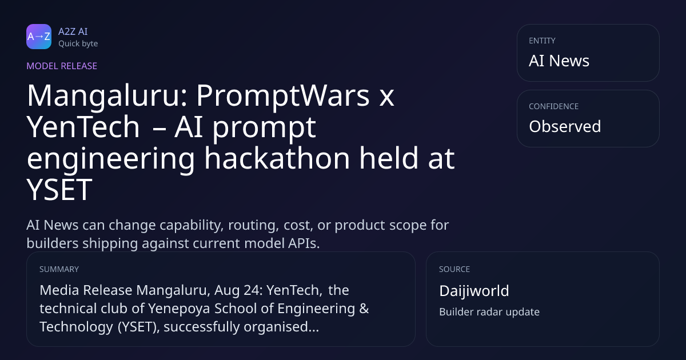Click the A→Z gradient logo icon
(39, 37)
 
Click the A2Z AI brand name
(73, 31)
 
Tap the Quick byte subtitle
(78, 44)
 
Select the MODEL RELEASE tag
(62, 66)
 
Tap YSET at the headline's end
(59, 190)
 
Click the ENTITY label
(542, 41)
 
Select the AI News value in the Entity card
(559, 61)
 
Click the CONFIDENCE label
(554, 106)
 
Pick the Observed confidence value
(565, 126)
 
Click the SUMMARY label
(59, 269)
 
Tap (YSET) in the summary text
(139, 327)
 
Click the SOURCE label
(454, 269)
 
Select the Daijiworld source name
(474, 291)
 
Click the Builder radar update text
(489, 312)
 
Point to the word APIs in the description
(304, 243)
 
